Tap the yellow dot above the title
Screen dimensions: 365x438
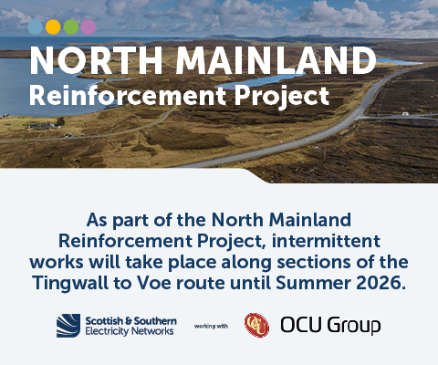pyautogui.click(x=54, y=26)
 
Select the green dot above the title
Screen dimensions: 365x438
pyautogui.click(x=71, y=26)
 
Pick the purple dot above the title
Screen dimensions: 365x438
pyautogui.click(x=89, y=26)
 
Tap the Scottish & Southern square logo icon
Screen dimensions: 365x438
pyautogui.click(x=68, y=325)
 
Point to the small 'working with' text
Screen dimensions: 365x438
pyautogui.click(x=210, y=325)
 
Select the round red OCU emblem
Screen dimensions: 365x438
pyautogui.click(x=256, y=325)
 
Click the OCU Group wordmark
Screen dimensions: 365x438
pyautogui.click(x=330, y=325)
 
